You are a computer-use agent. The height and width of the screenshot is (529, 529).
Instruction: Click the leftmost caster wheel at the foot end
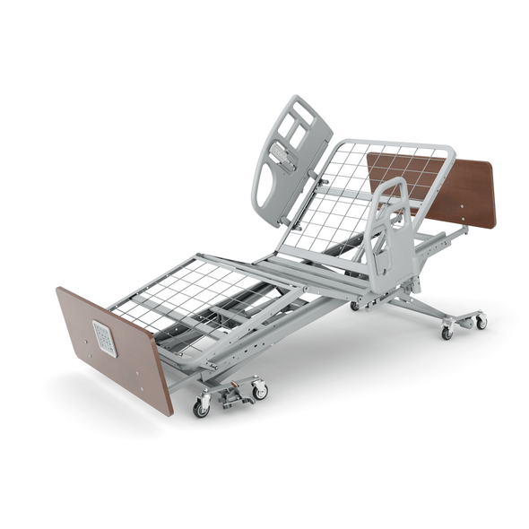(201, 408)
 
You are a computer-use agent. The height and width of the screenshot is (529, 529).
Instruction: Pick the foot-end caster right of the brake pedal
(260, 391)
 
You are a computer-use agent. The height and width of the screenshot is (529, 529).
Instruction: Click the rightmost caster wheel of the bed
(481, 321)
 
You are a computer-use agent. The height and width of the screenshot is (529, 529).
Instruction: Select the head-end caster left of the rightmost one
(447, 333)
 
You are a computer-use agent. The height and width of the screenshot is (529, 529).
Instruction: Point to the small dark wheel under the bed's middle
(355, 306)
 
